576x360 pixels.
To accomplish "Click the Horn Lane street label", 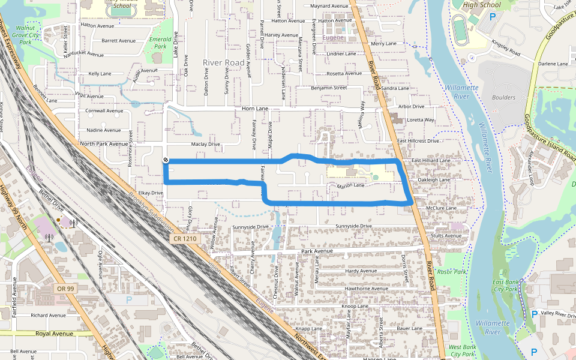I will [x=254, y=109].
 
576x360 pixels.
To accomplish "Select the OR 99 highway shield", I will [x=66, y=289].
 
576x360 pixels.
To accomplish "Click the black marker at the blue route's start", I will [x=165, y=160].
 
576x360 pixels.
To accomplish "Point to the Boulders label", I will [x=503, y=97].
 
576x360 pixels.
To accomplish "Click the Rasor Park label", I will [x=452, y=272].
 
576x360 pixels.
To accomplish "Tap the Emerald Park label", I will [x=160, y=42].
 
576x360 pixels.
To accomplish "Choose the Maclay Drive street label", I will [x=206, y=145].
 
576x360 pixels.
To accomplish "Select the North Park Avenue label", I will [x=104, y=144].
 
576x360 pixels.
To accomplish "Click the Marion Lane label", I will [x=351, y=186].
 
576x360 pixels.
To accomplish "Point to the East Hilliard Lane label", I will [x=431, y=161].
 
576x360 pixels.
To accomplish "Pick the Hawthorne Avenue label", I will [x=364, y=289].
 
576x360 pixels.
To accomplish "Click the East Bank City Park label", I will [x=505, y=285].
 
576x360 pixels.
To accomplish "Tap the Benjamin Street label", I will [x=329, y=88].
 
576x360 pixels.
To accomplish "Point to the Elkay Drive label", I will [x=151, y=193].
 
